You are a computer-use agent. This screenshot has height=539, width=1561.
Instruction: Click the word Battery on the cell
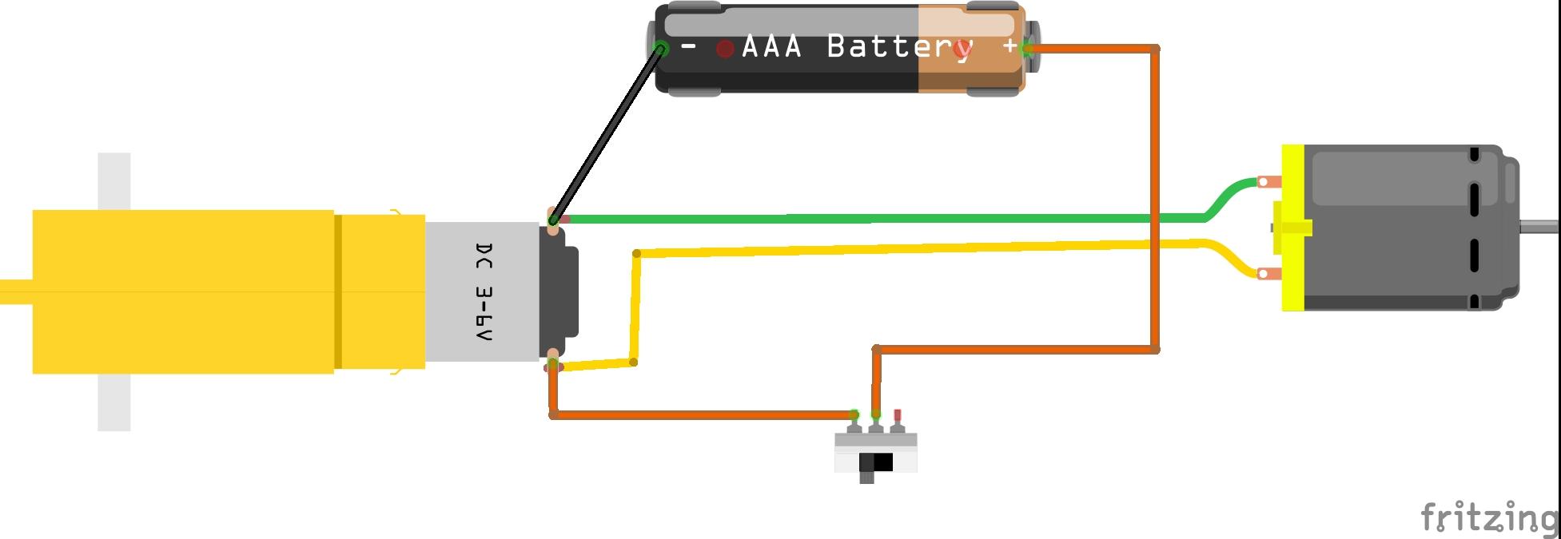[899, 46]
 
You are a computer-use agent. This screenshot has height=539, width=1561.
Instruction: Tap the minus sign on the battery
[688, 47]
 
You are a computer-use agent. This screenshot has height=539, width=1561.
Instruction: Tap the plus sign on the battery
[1009, 46]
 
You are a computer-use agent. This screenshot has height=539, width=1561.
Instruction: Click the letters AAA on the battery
[771, 46]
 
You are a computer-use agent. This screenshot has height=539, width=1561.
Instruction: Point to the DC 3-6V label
[483, 292]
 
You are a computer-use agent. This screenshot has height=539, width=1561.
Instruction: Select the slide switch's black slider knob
[882, 462]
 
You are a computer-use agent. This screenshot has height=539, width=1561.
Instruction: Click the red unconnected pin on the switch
[897, 415]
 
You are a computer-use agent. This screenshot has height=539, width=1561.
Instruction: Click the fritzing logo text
[1488, 517]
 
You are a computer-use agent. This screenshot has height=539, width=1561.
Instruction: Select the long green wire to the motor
[879, 218]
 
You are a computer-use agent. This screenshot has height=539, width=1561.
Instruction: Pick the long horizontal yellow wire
[919, 248]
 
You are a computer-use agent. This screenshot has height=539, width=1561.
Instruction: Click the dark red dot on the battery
[725, 50]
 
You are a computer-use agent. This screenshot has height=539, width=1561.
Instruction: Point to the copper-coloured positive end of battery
[971, 72]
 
